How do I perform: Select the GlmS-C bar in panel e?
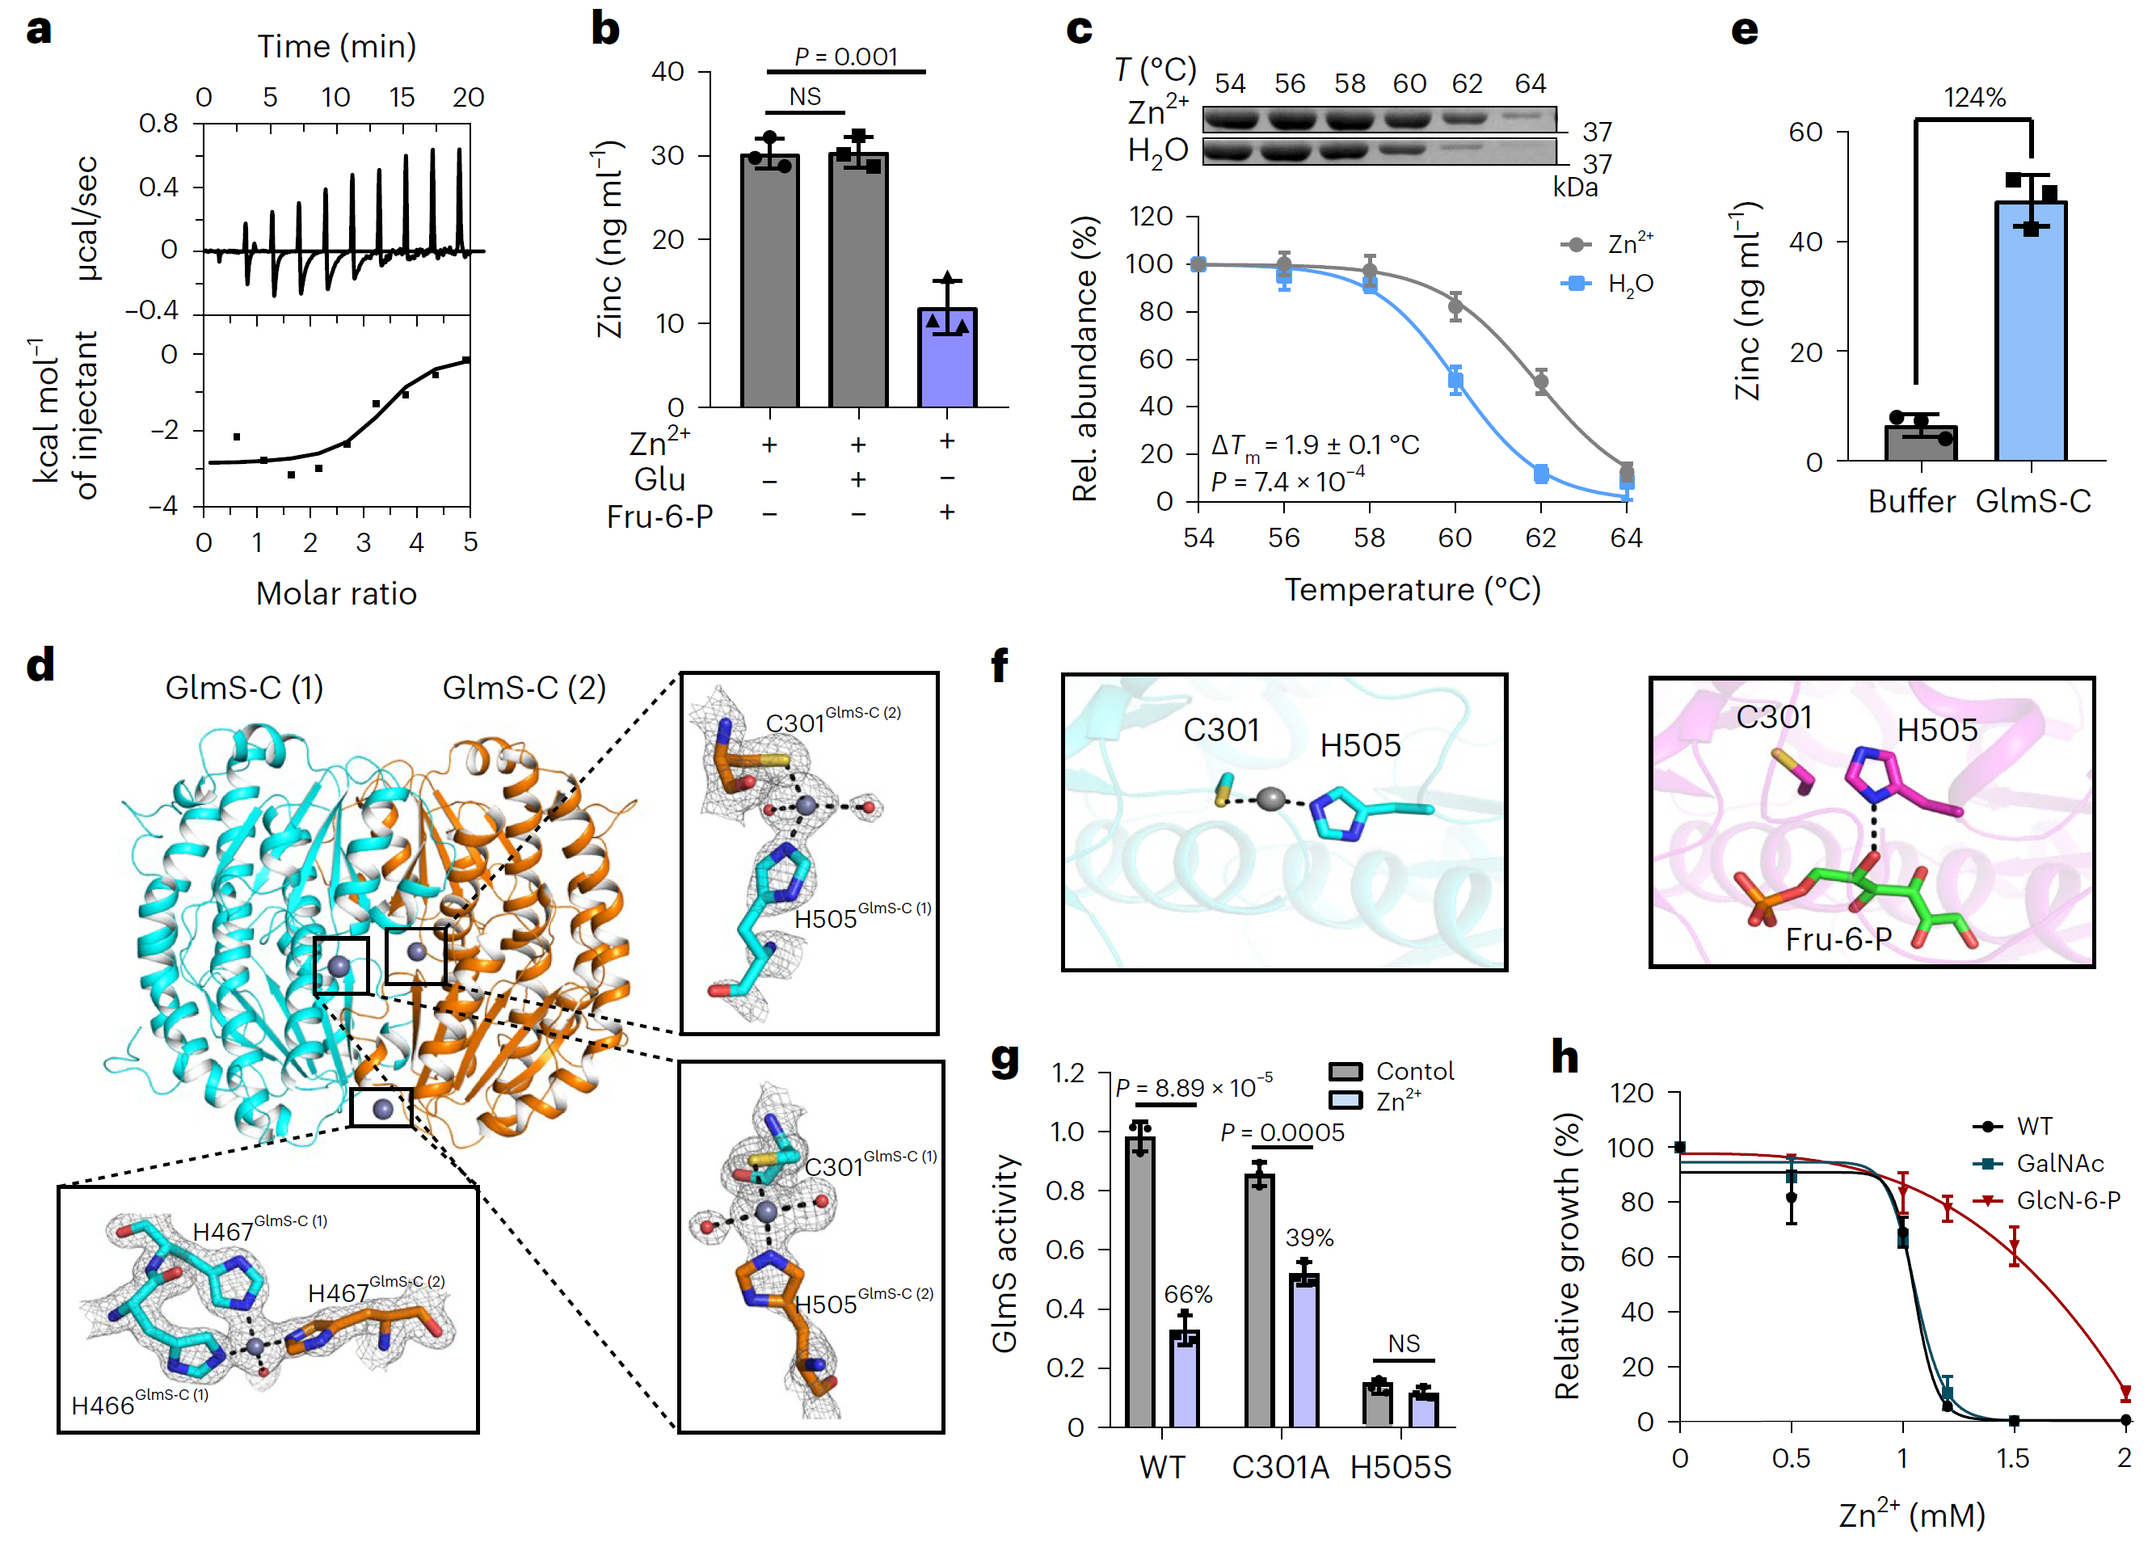tap(2030, 332)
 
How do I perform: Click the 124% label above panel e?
tap(1973, 98)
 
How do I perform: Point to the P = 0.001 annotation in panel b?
tap(845, 57)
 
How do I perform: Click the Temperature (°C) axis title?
tap(1412, 590)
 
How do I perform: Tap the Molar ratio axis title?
tap(336, 594)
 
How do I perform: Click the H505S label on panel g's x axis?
tap(1400, 1467)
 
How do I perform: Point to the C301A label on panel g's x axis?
tap(1280, 1467)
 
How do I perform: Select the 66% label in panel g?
tap(1188, 1295)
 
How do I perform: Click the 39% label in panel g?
tap(1309, 1237)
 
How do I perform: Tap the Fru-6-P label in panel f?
tap(1838, 939)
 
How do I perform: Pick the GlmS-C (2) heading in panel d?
tap(524, 688)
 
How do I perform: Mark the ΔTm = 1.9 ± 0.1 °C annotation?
tap(1314, 445)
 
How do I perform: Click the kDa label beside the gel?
tap(1574, 188)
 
